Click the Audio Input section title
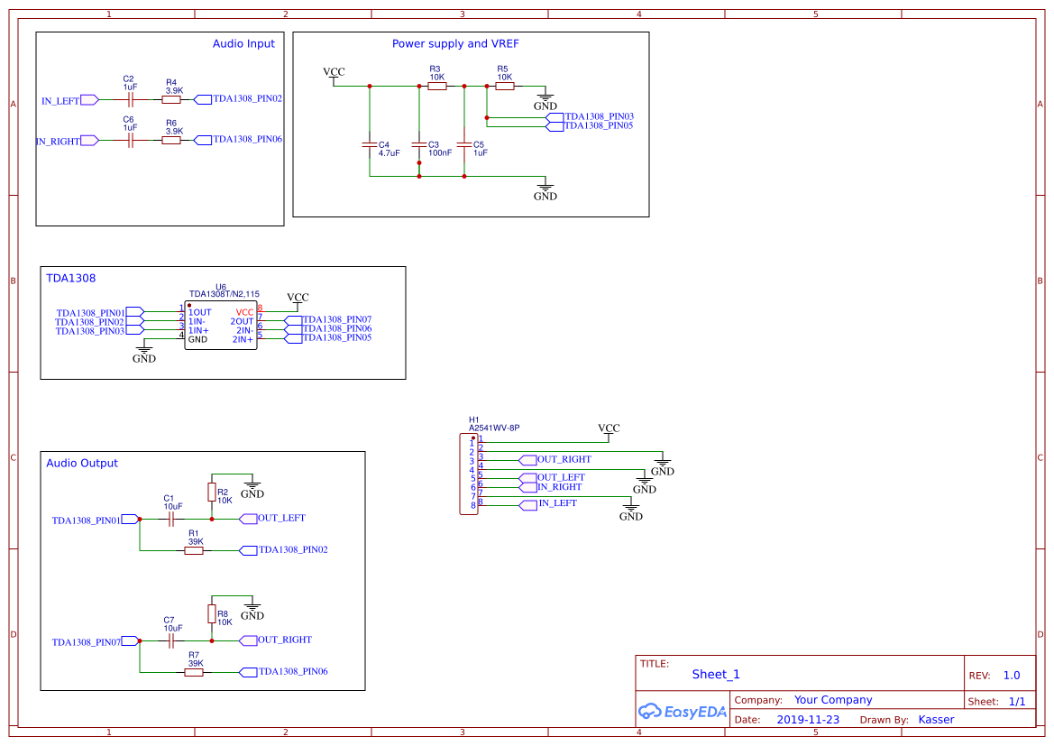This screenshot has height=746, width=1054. [x=243, y=43]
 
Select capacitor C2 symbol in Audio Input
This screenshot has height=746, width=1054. [x=131, y=100]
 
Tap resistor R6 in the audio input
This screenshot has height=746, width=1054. [x=171, y=140]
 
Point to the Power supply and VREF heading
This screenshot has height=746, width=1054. [x=455, y=43]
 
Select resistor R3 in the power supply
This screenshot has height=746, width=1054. [x=436, y=87]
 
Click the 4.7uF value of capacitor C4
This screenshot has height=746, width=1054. [x=390, y=153]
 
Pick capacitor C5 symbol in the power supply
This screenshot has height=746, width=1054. [x=464, y=144]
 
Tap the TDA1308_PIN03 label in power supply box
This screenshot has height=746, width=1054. [x=599, y=116]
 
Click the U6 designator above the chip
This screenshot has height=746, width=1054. [x=221, y=286]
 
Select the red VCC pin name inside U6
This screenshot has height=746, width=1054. [x=245, y=311]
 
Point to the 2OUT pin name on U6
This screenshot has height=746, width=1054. [x=243, y=321]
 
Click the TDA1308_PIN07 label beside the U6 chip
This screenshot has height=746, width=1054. [x=337, y=319]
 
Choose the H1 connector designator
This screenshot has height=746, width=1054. [x=474, y=419]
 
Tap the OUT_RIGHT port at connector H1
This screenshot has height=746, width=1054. [x=564, y=459]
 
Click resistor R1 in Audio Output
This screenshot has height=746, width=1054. [x=194, y=550]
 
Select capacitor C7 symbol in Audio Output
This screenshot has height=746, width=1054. [x=170, y=640]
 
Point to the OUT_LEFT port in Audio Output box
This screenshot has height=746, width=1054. [x=280, y=518]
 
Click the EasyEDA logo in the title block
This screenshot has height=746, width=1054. [x=682, y=712]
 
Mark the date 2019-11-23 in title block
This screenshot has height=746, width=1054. [x=807, y=720]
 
